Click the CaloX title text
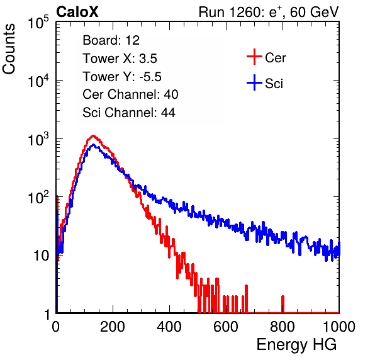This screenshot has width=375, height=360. (x=77, y=12)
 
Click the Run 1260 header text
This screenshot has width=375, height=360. (x=269, y=12)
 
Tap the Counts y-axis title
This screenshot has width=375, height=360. (x=9, y=49)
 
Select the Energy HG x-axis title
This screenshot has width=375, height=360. (x=296, y=345)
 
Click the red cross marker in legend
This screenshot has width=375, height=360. (x=254, y=57)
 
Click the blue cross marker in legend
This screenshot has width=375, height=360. (x=254, y=82)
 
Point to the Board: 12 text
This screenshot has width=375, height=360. (x=111, y=40)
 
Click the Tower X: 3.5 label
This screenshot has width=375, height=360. (x=120, y=59)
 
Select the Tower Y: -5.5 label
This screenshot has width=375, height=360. (x=122, y=77)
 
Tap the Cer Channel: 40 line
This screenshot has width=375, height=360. (x=130, y=94)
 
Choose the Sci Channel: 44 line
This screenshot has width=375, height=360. (x=129, y=113)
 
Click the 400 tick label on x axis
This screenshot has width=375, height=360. (x=169, y=327)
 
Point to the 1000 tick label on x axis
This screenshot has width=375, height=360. (x=339, y=327)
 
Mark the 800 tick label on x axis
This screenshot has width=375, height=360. (x=283, y=327)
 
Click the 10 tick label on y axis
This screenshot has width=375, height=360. (x=41, y=256)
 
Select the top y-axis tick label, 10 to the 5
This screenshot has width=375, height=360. (x=38, y=23)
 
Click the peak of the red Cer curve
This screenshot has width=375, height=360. (x=93, y=136)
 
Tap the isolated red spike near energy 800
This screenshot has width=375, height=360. (x=283, y=304)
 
